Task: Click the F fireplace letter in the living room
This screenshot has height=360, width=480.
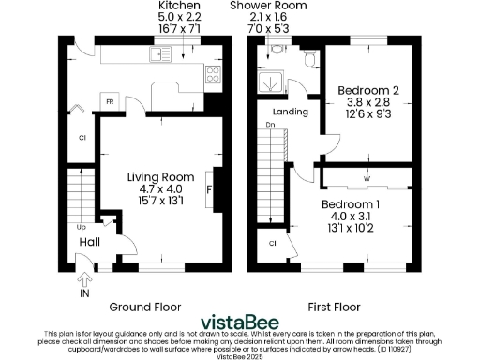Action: (209, 190)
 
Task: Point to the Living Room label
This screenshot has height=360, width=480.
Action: (160, 176)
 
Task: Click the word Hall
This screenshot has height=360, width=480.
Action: (89, 242)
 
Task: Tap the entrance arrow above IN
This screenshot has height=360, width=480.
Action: (85, 278)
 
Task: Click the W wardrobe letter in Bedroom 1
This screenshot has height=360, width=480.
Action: (367, 177)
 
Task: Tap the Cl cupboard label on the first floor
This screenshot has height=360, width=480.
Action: (272, 243)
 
